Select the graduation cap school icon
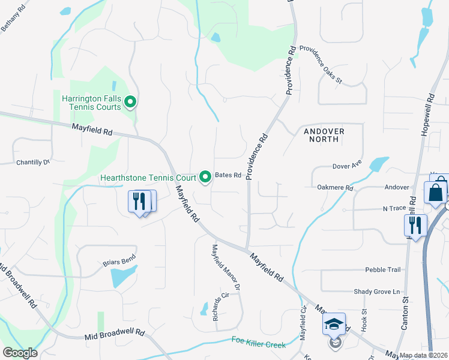coord(334,325)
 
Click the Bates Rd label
coord(228,176)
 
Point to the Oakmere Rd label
coord(335,188)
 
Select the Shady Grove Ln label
coord(376,292)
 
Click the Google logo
coord(20,353)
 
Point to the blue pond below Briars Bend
coord(123,277)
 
